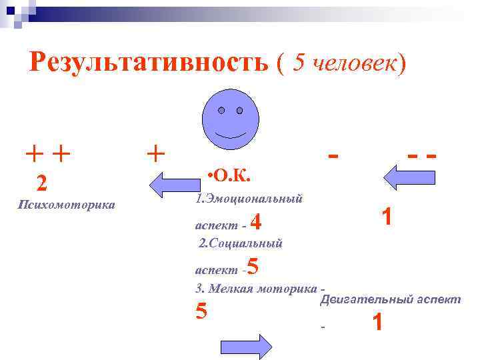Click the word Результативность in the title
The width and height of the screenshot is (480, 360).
click(149, 63)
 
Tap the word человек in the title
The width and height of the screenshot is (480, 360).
click(350, 63)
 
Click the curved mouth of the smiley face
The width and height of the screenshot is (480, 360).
click(231, 131)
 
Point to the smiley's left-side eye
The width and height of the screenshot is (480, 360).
click(222, 109)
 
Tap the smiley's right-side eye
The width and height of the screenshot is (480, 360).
click(239, 109)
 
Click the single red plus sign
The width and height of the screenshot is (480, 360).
click(155, 154)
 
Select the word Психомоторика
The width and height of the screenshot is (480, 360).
click(65, 204)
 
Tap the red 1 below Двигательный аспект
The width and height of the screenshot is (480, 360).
click(378, 323)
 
